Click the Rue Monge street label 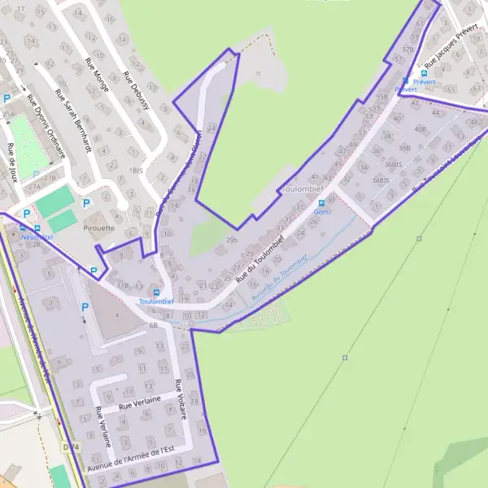click(x=97, y=73)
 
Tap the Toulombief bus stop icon click(x=157, y=292)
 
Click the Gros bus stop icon click(x=321, y=203)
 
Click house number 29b click(x=233, y=240)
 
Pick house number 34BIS click(x=381, y=180)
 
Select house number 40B click(x=420, y=129)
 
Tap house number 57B click(x=407, y=49)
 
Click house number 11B click(x=122, y=286)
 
